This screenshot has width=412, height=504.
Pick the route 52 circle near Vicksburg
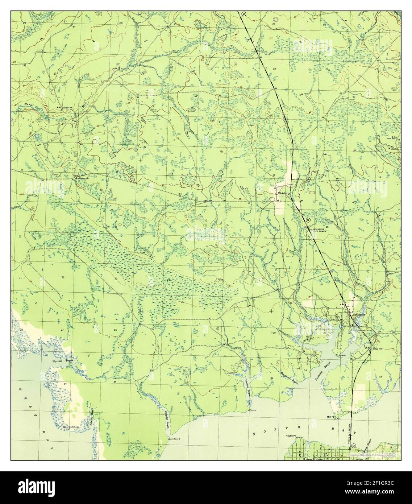308,220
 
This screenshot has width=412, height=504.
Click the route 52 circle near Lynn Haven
354,446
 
